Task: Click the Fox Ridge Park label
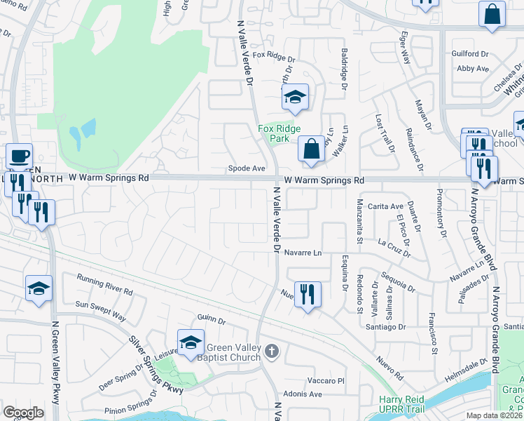point(279,133)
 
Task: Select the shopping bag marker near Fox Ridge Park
point(311,149)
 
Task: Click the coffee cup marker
point(19,156)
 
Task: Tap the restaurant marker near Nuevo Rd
point(308,294)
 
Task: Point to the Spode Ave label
point(247,168)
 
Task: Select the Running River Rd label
point(104,284)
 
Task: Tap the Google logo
point(23,412)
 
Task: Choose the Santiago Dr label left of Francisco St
point(385,326)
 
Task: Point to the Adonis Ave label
point(302,394)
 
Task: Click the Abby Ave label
point(472,69)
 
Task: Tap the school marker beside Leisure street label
point(191,342)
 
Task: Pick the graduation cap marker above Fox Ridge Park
point(295,98)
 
